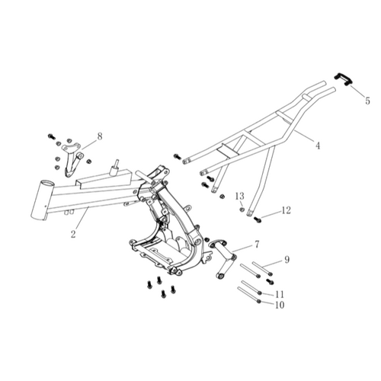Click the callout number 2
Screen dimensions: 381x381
tap(73, 234)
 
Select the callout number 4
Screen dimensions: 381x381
tap(317, 146)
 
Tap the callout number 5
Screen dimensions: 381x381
tap(367, 101)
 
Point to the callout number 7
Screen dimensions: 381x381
tap(257, 245)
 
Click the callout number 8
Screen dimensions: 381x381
tap(100, 136)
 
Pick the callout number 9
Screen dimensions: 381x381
tap(287, 260)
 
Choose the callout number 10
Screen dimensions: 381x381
tap(280, 305)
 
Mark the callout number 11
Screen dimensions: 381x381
tap(280, 294)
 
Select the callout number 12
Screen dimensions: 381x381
tap(286, 210)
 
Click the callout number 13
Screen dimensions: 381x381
tap(240, 196)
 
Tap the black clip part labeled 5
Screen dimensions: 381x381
tap(343, 79)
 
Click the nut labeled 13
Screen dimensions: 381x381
tap(242, 210)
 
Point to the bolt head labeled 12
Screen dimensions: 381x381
tap(258, 219)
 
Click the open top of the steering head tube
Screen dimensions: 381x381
tap(46, 184)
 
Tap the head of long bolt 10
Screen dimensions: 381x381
tap(259, 301)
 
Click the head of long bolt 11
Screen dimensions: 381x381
tap(259, 293)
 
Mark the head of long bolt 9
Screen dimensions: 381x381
tap(271, 274)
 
